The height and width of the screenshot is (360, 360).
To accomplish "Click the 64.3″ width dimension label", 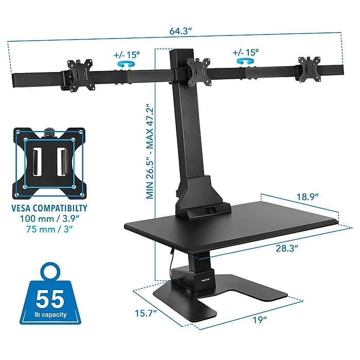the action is point(181,31).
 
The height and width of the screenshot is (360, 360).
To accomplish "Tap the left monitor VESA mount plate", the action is point(81,75).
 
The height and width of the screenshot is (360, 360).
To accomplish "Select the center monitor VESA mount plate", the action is point(199,72).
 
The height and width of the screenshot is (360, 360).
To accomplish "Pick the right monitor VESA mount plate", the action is point(310,69).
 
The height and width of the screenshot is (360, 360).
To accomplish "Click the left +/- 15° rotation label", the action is point(127,55).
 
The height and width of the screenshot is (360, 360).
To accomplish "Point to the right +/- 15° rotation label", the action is point(245,52).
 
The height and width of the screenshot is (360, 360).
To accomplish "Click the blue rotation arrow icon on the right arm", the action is point(245,61).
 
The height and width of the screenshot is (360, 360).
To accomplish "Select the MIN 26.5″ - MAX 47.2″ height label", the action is point(150,152).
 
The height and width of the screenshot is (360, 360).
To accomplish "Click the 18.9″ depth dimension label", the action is point(308,197).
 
